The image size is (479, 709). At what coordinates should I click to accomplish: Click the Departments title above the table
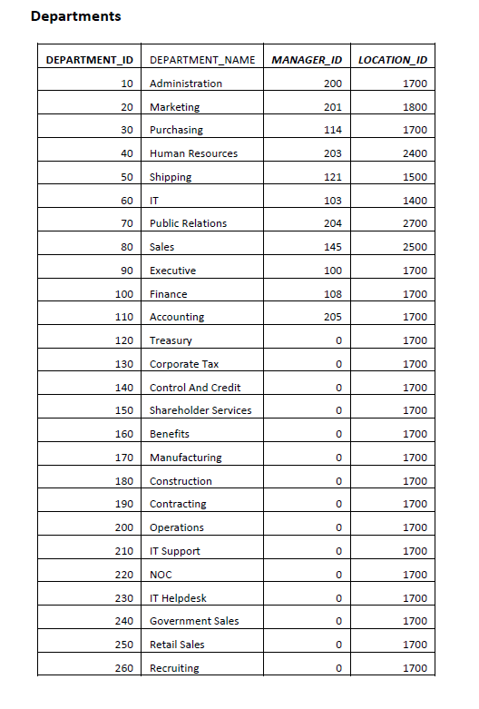pyautogui.click(x=75, y=16)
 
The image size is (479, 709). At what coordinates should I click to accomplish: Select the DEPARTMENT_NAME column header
pyautogui.click(x=201, y=60)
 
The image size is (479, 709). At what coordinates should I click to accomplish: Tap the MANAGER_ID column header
pyautogui.click(x=307, y=60)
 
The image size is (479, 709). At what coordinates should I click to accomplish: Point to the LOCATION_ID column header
pyautogui.click(x=393, y=60)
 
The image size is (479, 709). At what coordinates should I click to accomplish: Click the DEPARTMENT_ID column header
pyautogui.click(x=89, y=60)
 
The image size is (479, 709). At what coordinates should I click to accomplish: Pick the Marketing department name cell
pyautogui.click(x=174, y=107)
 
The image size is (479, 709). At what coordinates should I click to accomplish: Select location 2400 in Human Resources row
pyautogui.click(x=415, y=153)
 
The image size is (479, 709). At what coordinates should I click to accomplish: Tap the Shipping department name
pyautogui.click(x=171, y=177)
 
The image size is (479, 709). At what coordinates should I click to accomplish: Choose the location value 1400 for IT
pyautogui.click(x=415, y=200)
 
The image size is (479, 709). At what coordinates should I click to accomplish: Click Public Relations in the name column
pyautogui.click(x=188, y=223)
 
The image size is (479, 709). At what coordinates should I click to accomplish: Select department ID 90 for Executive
pyautogui.click(x=126, y=271)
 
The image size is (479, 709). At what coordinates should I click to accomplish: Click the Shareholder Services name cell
pyautogui.click(x=200, y=410)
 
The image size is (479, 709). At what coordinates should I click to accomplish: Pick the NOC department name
pyautogui.click(x=161, y=575)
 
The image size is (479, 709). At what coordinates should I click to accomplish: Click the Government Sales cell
pyautogui.click(x=194, y=621)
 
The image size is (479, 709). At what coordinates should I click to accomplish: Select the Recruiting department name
pyautogui.click(x=174, y=668)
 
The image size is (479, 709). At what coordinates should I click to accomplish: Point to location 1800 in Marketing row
pyautogui.click(x=415, y=107)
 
